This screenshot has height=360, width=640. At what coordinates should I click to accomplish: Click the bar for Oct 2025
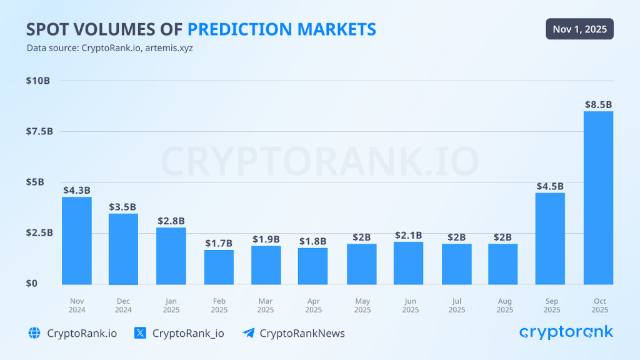click(x=598, y=197)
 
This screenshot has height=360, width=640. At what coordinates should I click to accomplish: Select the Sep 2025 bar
click(x=551, y=238)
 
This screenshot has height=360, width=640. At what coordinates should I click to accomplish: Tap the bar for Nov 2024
click(x=77, y=241)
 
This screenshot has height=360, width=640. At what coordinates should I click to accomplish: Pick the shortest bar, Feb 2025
click(x=219, y=267)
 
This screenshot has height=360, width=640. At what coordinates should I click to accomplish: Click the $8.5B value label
click(x=598, y=105)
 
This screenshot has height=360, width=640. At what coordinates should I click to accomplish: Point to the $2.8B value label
click(x=171, y=221)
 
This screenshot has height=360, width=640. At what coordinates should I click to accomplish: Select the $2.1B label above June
click(x=408, y=236)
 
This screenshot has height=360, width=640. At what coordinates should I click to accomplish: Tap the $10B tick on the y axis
click(x=38, y=81)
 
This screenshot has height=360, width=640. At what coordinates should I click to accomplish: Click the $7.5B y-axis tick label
click(x=39, y=131)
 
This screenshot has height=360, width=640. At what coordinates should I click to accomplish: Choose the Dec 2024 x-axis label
click(x=123, y=305)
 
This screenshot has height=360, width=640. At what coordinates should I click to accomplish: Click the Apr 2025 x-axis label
click(x=313, y=305)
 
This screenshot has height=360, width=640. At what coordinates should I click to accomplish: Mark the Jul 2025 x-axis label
click(x=457, y=305)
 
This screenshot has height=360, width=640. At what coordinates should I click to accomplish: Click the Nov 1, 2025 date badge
click(x=579, y=29)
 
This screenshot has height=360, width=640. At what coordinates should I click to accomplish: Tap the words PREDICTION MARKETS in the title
click(x=282, y=29)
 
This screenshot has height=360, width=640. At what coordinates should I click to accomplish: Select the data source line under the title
click(x=109, y=48)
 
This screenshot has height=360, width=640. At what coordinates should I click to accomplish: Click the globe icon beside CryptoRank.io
click(x=34, y=333)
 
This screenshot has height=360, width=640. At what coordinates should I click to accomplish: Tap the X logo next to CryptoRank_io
click(x=141, y=333)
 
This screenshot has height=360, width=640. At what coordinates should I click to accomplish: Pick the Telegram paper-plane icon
click(x=248, y=333)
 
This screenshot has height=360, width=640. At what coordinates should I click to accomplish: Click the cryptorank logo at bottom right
click(x=566, y=332)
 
